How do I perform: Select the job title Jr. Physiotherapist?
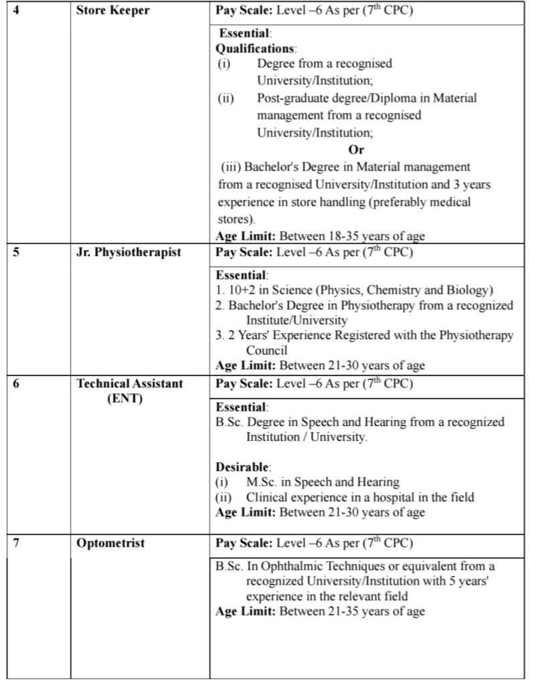(129, 253)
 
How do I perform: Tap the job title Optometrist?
(110, 543)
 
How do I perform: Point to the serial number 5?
(17, 253)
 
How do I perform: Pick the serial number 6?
(17, 383)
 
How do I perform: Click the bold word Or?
(356, 150)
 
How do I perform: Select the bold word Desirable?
(241, 466)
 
